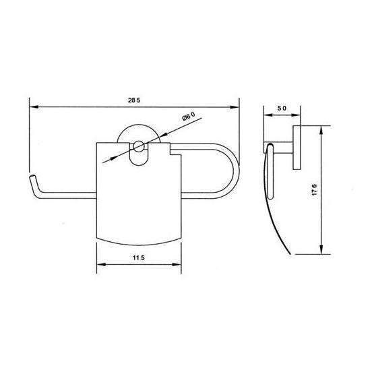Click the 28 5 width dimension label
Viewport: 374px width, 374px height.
pos(134,100)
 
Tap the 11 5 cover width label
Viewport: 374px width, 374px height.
pos(139,257)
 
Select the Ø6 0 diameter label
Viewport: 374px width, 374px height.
pos(189,116)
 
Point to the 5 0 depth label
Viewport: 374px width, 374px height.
pos(282,108)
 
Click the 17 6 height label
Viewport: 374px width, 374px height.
pos(315,190)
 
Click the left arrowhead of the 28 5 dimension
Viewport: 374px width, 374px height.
pos(34,107)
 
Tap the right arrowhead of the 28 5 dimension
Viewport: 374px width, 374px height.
pos(235,107)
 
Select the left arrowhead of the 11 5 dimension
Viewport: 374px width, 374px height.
pos(101,264)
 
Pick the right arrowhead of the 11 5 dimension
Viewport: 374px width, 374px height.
pos(177,264)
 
